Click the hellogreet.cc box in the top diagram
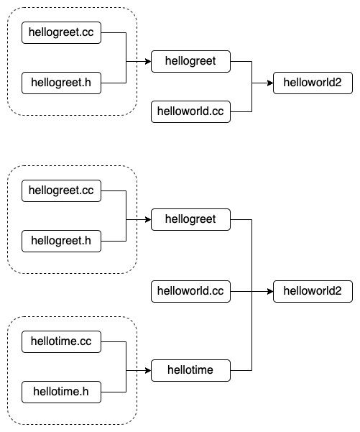pos(61,32)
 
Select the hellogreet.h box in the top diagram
pos(61,83)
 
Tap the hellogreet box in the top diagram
pos(190,62)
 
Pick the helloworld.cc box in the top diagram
pos(190,111)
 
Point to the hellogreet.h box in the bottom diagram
pos(61,241)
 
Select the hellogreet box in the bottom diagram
pos(190,219)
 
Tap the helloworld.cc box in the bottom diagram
pos(190,291)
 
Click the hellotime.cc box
pos(61,341)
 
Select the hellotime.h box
pos(61,392)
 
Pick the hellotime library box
pos(190,370)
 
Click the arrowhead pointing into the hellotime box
pos(147,370)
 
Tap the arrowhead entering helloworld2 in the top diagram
pos(269,83)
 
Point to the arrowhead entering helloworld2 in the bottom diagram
pos(269,291)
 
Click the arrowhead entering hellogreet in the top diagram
pos(147,62)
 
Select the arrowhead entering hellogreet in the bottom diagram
pos(147,219)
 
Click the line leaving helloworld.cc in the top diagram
pos(241,111)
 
